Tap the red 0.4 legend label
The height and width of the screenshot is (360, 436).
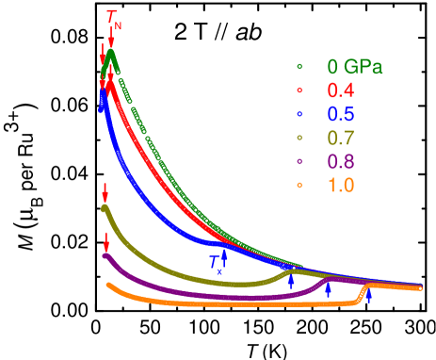click(340, 90)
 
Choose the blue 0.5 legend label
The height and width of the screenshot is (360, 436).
click(340, 114)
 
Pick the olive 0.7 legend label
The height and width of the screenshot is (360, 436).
click(340, 138)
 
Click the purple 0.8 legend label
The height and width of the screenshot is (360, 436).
click(340, 161)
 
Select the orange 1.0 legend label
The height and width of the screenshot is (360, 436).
click(340, 185)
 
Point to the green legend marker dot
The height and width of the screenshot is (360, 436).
click(299, 67)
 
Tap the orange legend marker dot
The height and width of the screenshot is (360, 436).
click(299, 185)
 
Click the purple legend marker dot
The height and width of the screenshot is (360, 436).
click(299, 161)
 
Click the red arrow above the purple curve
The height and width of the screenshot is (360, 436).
click(105, 242)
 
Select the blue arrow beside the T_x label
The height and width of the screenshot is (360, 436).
click(224, 254)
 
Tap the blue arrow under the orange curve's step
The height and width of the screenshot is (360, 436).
click(368, 296)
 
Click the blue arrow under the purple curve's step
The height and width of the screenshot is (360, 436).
click(328, 289)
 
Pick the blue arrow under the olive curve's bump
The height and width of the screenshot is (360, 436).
click(291, 281)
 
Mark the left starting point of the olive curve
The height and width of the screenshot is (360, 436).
click(105, 208)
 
